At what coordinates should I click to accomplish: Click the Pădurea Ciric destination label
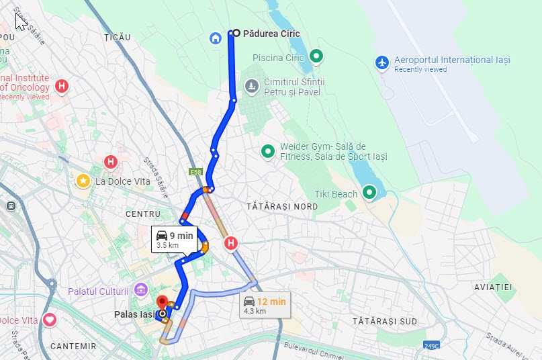[x=271, y=33]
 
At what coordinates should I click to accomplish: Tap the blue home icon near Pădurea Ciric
[x=216, y=38]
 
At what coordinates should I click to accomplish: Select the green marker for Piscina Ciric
[x=316, y=57]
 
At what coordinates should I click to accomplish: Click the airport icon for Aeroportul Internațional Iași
[x=382, y=62]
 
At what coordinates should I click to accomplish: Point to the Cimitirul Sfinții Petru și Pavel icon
[x=252, y=86]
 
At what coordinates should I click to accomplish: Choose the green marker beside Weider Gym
[x=268, y=151]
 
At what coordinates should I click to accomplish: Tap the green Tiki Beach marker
[x=369, y=193]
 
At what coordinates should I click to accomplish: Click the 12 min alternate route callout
[x=265, y=305]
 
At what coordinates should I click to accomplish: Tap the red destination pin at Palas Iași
[x=162, y=302]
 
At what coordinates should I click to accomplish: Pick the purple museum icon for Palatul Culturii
[x=140, y=289]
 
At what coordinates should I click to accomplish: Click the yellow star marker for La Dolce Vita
[x=83, y=181]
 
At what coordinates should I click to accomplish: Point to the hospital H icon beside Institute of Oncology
[x=62, y=86]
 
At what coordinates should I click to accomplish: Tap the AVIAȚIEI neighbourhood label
[x=493, y=287]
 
